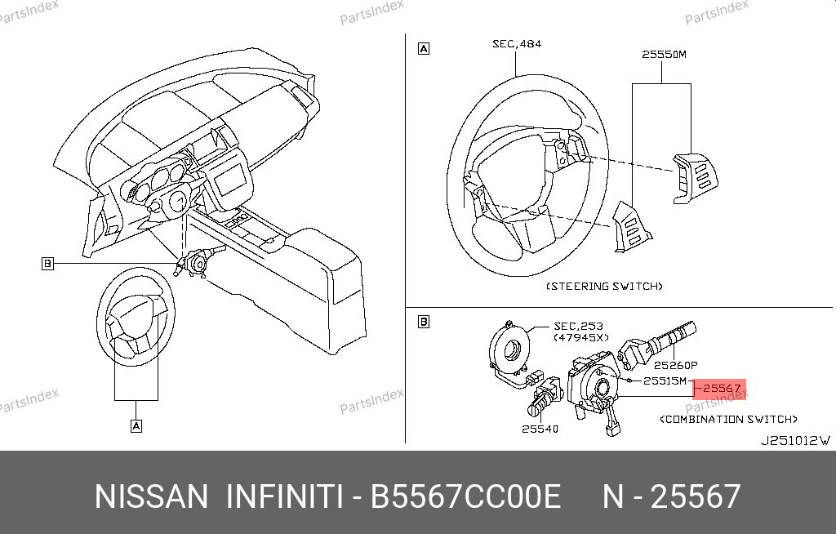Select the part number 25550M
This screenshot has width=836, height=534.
coord(664,55)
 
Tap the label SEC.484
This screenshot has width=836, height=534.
coord(516,43)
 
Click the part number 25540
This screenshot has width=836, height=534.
coord(540,429)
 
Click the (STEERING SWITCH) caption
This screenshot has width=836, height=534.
coord(603,287)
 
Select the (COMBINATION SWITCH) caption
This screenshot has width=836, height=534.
coord(728,419)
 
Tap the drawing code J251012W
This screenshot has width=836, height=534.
coord(794,440)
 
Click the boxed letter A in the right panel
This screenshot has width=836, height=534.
coord(424,48)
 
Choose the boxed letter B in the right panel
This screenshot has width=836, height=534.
coord(424,322)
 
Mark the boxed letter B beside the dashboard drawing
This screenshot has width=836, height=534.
coord(48,264)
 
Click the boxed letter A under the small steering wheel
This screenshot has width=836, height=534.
coord(136,425)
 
